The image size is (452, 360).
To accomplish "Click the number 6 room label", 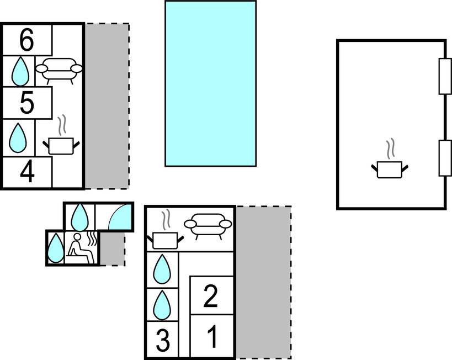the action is coord(26,40).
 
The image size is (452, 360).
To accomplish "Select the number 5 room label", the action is coord(27,102).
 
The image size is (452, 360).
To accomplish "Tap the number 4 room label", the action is coord(28,172).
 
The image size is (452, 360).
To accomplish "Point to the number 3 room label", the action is coord(163,340).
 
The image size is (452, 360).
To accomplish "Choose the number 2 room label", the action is coord(210,295).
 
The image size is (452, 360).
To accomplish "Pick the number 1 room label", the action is coord(212,336).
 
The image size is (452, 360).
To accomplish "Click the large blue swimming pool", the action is coord(210,83).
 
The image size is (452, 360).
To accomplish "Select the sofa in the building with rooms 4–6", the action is coord(59,71).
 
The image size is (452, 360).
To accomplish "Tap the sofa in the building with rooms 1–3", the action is coord(208,226).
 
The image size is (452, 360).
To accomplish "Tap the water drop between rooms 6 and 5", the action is coord(20,72).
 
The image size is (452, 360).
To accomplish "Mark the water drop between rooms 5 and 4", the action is coord(18,138).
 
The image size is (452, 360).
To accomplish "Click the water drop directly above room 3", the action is coord(162,305).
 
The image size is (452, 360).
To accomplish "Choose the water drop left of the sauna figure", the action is coord(55,248).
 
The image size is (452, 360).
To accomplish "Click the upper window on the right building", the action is coord(445,76).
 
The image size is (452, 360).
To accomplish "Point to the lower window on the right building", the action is coord(445,158).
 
